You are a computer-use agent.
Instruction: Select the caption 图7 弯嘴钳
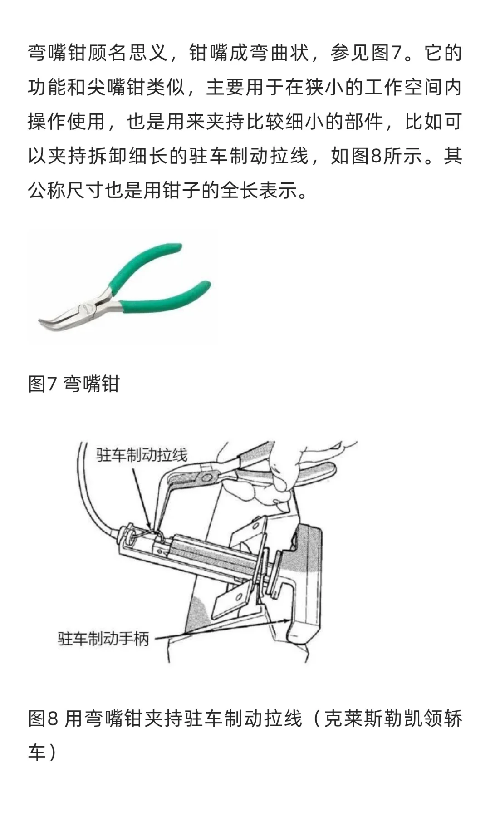coord(73,384)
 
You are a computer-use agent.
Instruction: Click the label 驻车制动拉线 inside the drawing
coord(142,455)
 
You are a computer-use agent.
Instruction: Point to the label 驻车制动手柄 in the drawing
coord(103,639)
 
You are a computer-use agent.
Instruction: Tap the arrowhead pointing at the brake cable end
coord(150,526)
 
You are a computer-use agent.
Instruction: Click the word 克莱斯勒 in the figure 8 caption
coord(363,719)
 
